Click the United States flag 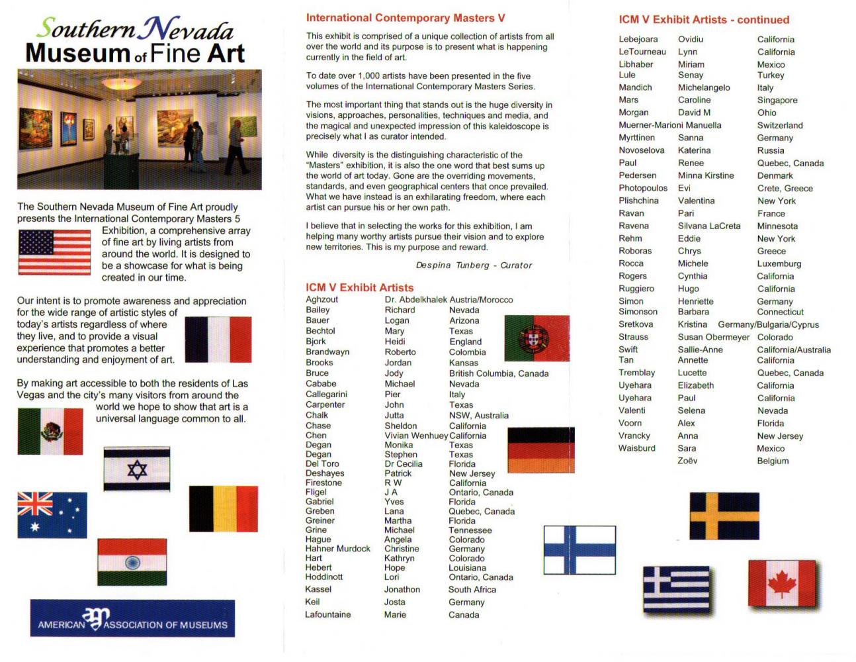54,252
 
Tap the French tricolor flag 218,339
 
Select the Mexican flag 50,431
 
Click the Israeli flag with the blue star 137,469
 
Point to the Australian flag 52,515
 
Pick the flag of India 132,562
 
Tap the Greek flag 676,589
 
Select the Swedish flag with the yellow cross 724,516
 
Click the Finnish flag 579,549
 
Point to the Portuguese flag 536,338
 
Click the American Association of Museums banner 132,619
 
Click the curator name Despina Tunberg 474,265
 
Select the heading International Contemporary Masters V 405,18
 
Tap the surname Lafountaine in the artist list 328,614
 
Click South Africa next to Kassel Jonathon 472,589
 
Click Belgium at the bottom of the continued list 773,461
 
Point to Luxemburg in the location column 779,263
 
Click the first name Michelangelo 704,87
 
